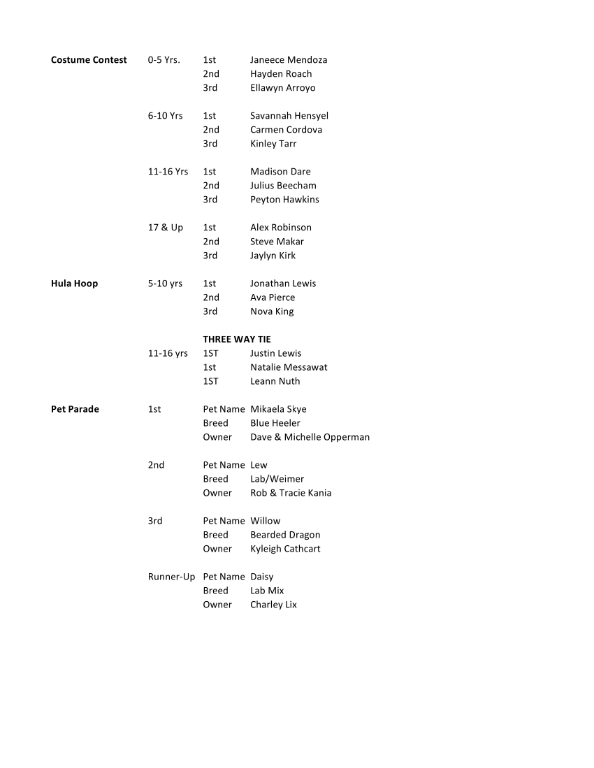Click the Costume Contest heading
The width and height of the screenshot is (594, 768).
[x=89, y=60]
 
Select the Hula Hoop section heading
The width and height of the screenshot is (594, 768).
[x=74, y=283]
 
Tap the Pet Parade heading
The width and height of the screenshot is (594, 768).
[x=75, y=409]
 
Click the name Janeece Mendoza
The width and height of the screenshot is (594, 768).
[x=289, y=60]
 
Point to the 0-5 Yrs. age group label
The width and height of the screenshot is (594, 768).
[x=164, y=60]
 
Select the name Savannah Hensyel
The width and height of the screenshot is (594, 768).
[x=289, y=116]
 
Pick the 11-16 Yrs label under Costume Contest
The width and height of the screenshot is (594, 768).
[x=168, y=172]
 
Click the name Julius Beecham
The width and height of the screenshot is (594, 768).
[x=283, y=186]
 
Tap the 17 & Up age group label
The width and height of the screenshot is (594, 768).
[x=165, y=228]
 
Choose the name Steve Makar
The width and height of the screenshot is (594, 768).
[x=277, y=242]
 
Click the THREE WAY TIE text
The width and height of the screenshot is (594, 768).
[x=237, y=339]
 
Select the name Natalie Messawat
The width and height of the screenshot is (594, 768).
[x=289, y=367]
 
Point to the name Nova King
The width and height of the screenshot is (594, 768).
[x=272, y=311]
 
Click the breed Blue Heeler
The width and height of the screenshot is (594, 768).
[x=275, y=423]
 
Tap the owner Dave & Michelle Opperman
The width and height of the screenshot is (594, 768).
[x=310, y=437]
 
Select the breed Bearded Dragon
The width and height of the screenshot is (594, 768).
[x=285, y=535]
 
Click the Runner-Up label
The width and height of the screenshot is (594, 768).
[x=171, y=577]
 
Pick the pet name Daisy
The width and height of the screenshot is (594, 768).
[x=262, y=577]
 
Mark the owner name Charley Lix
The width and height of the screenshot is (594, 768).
[x=273, y=605]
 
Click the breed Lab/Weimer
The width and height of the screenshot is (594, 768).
[x=277, y=479]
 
